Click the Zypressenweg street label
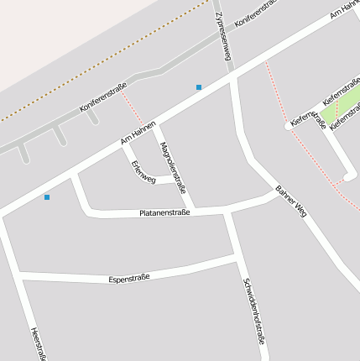click(222, 36)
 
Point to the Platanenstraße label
click(164, 213)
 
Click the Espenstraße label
click(129, 276)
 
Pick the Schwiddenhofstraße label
click(254, 311)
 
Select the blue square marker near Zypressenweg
click(199, 87)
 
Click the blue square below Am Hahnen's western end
click(47, 197)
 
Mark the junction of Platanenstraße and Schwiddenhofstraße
click(227, 211)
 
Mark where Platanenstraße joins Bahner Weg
click(275, 192)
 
